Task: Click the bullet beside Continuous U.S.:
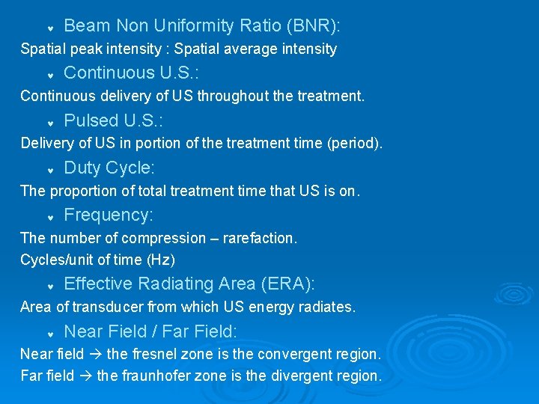(49, 75)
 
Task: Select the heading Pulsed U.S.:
(113, 120)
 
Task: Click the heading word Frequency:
(109, 215)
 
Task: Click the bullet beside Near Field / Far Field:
(49, 333)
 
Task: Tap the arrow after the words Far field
(85, 376)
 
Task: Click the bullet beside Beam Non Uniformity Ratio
(49, 28)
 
